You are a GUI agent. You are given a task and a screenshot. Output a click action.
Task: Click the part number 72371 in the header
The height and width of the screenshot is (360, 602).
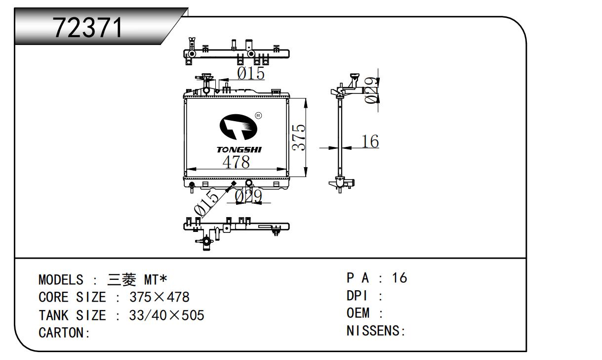click(88, 28)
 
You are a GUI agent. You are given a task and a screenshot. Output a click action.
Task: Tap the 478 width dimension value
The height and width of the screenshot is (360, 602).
click(236, 162)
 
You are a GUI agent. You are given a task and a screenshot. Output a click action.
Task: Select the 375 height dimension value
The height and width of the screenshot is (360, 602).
click(298, 137)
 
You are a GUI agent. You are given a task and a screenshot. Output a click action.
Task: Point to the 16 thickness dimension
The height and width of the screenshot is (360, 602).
click(370, 142)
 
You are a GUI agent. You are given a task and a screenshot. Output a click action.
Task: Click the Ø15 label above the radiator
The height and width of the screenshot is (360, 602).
click(251, 73)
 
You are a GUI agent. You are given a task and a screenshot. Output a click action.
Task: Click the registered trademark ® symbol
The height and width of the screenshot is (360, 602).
click(258, 116)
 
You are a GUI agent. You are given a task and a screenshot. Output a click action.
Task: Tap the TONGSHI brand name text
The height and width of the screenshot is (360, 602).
click(239, 149)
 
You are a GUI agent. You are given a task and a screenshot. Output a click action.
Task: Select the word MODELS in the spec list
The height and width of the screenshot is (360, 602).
click(61, 280)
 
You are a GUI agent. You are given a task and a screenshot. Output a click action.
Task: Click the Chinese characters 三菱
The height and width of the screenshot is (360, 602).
click(121, 280)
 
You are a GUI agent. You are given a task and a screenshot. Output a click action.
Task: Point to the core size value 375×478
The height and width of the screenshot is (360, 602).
click(160, 298)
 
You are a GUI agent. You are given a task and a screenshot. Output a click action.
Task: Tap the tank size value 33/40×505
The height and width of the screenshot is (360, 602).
click(166, 315)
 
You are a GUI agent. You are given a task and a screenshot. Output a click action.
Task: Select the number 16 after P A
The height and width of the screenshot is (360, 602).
click(400, 278)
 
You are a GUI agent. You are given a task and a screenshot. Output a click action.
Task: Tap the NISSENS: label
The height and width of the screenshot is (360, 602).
click(376, 331)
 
